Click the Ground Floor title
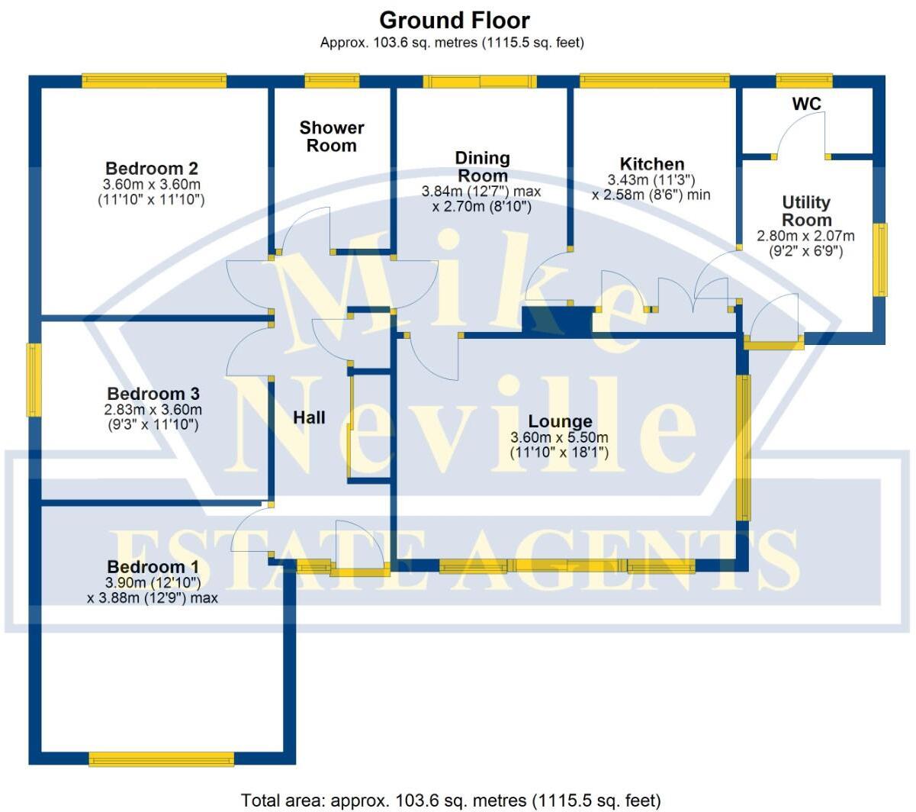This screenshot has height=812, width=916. point(454,20)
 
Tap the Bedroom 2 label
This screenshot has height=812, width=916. point(152,169)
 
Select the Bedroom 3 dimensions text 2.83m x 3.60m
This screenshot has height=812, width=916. point(153,410)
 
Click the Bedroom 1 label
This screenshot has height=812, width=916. point(153,567)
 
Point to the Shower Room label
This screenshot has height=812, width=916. point(332,137)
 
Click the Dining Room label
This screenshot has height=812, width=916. point(482,166)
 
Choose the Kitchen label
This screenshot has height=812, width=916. point(652,164)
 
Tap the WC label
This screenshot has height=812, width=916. point(806,104)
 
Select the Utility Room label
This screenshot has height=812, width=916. point(806,211)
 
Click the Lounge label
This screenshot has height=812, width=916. point(560,421)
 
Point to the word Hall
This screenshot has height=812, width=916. point(309,417)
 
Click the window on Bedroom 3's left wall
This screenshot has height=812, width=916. point(34,380)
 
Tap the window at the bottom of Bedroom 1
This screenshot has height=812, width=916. point(161,759)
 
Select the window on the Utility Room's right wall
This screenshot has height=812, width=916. point(880,259)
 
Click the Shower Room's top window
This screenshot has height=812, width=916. point(332,81)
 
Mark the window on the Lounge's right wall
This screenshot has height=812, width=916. point(743,447)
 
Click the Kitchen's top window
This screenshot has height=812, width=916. point(654,81)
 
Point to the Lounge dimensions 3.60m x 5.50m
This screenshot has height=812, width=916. point(559,438)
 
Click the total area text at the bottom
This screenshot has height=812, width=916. point(451,800)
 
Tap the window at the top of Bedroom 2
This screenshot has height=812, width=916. point(154,81)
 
